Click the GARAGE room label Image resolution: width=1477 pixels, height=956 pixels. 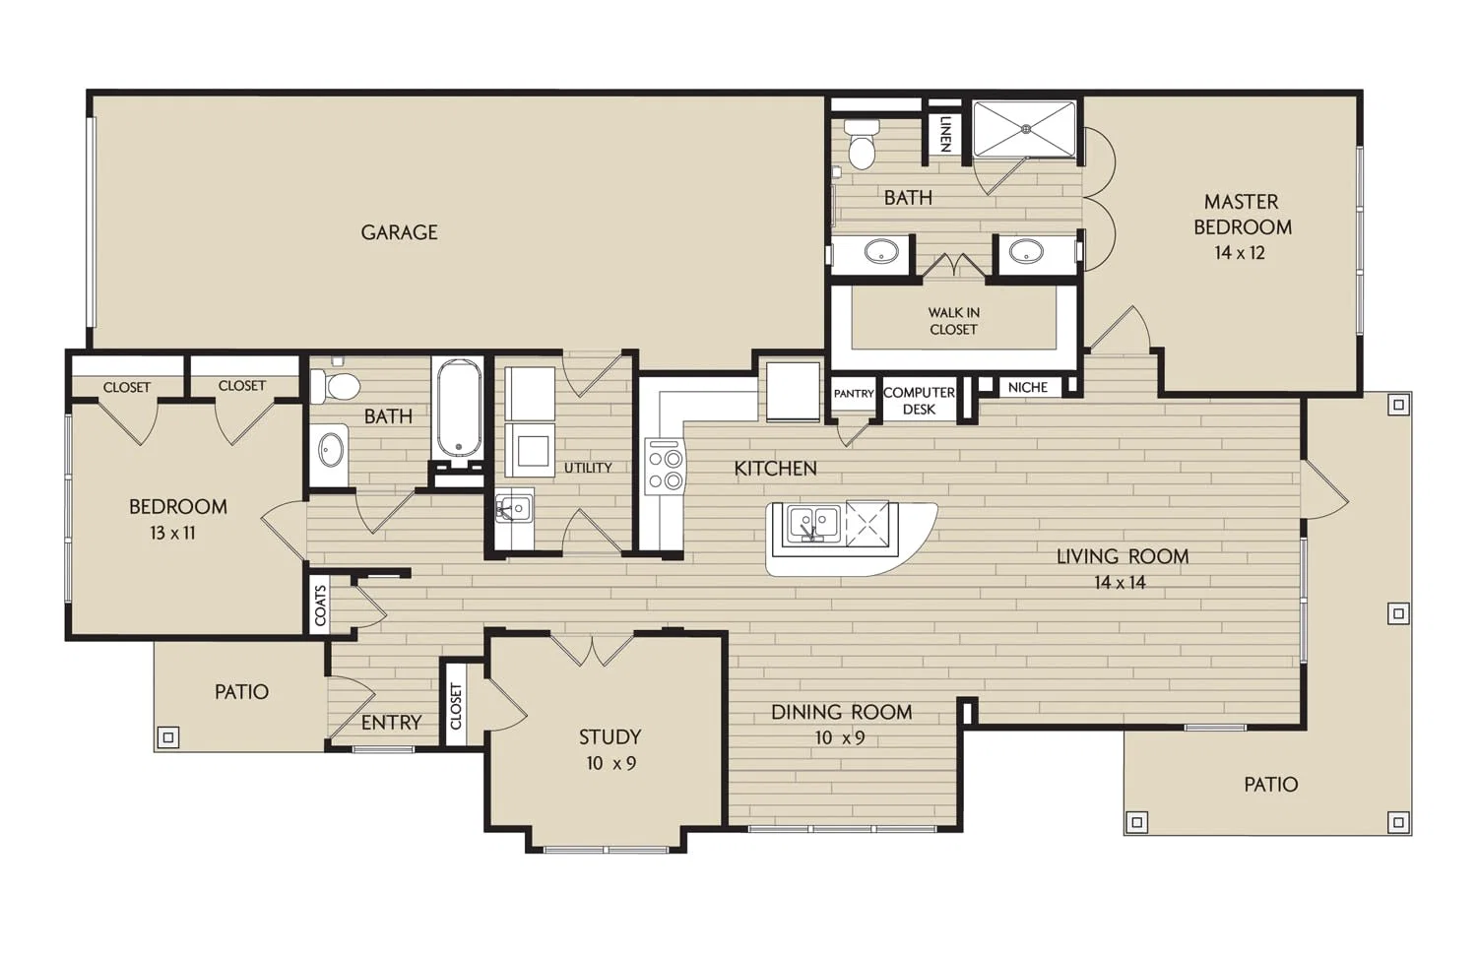point(399,232)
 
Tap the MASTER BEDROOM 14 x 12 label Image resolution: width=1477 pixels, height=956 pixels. point(1243,226)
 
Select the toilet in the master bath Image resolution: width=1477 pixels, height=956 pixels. point(862,144)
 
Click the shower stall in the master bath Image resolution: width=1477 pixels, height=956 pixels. point(1025,129)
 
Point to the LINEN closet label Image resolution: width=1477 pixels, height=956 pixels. point(945,135)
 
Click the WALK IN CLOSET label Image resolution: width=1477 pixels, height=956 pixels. point(953,321)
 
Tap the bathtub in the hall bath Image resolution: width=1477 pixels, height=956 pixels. point(458,408)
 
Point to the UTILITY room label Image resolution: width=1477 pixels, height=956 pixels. point(588,468)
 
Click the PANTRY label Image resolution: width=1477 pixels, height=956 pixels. point(854,394)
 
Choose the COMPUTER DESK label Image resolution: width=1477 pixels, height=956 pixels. point(919,400)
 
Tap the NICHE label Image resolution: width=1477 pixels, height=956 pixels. point(1028,388)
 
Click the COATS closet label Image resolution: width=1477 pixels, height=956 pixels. point(320,605)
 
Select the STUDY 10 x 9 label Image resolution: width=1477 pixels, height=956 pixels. point(610,749)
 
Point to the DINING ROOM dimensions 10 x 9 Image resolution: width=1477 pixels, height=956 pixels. point(840,737)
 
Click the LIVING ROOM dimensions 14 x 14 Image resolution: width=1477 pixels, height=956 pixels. point(1120,582)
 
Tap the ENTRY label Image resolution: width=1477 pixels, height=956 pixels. point(391,723)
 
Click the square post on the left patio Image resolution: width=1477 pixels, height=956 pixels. point(168,736)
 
